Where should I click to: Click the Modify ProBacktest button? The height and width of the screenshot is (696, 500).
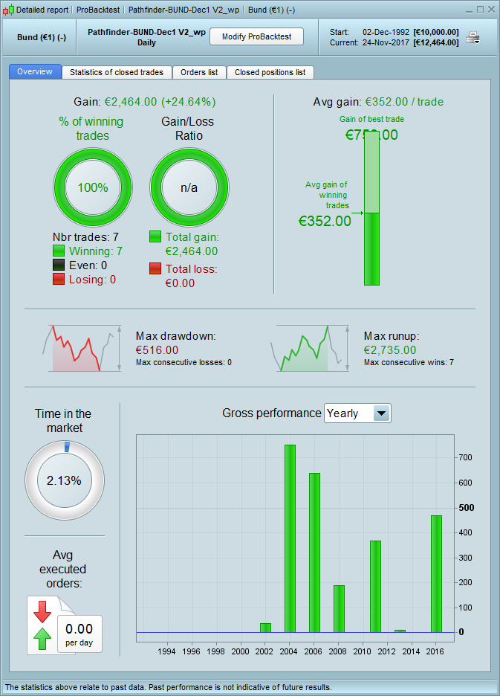click(257, 36)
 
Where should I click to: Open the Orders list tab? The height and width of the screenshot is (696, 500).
click(199, 72)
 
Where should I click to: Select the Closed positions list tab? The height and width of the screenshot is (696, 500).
click(270, 72)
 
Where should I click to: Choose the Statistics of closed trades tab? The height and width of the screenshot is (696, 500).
click(117, 72)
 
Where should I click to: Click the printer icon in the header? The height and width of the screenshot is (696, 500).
click(473, 36)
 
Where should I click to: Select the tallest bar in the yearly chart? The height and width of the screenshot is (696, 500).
click(290, 538)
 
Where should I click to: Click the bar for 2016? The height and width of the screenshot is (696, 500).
click(436, 573)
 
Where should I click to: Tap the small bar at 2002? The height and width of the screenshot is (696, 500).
click(265, 628)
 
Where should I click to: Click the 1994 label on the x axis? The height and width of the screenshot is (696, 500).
click(167, 651)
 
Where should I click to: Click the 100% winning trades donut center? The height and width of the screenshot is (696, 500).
click(93, 187)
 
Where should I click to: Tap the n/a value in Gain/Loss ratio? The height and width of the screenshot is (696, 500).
click(189, 187)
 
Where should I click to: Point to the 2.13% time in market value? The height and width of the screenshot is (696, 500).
click(64, 480)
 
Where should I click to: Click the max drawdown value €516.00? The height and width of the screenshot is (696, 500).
click(158, 349)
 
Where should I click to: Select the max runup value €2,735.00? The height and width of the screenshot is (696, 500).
click(390, 349)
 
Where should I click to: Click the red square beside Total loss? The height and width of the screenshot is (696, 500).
click(155, 268)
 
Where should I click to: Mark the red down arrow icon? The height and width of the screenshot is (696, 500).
click(42, 610)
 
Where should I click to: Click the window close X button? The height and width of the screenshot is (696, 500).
click(490, 10)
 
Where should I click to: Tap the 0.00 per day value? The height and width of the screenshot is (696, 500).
click(79, 629)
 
